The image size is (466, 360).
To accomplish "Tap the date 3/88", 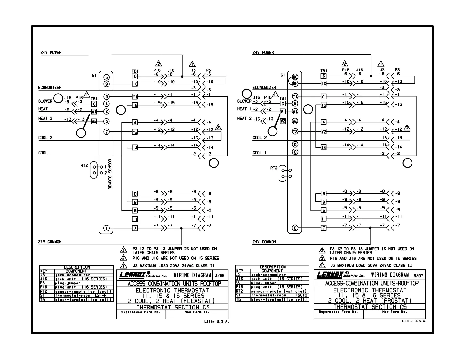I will pyautogui.click(x=219, y=276).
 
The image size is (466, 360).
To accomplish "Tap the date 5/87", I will pyautogui.click(x=418, y=276).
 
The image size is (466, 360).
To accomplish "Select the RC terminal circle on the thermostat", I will pyautogui.click(x=295, y=77).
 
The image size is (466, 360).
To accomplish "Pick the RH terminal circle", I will pyautogui.click(x=295, y=84).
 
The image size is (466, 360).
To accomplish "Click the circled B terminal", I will pyautogui.click(x=295, y=144).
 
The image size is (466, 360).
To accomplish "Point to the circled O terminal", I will pyautogui.click(x=295, y=151).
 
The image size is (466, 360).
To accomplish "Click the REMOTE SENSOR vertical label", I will pyautogui.click(x=110, y=174).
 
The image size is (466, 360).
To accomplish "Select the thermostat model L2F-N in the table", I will pyautogui.click(x=101, y=295).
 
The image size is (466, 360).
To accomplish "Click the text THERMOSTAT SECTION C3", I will pyautogui.click(x=173, y=307).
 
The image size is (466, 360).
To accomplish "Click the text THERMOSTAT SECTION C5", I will pyautogui.click(x=370, y=307).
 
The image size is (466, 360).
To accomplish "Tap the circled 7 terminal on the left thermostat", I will pyautogui.click(x=106, y=132).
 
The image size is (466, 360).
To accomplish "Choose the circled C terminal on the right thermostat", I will pyautogui.click(x=295, y=228).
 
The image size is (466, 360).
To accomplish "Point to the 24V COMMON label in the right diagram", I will pyautogui.click(x=264, y=242).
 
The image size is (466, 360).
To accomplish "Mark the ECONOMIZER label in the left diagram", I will pyautogui.click(x=50, y=87).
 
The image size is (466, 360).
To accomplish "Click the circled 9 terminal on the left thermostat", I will pyautogui.click(x=106, y=84).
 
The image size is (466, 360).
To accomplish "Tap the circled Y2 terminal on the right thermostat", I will pyautogui.click(x=295, y=132).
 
